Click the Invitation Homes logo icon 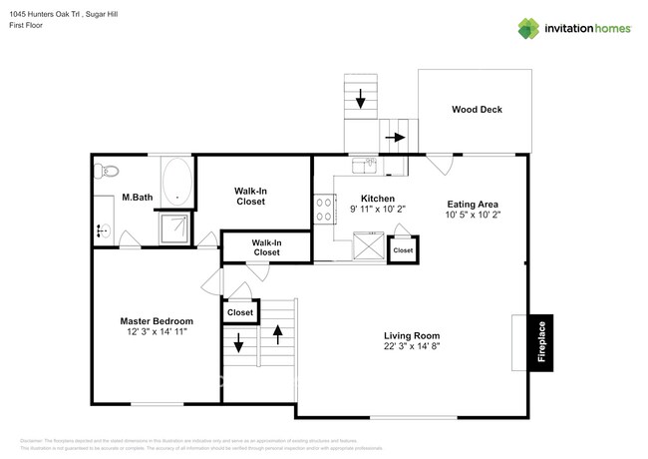pos(527,28)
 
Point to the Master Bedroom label pos(157,321)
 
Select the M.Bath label pos(137,198)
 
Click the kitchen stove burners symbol pos(324,208)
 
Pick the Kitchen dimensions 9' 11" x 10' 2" pos(377,210)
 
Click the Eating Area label pos(473,204)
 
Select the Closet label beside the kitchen pos(403,250)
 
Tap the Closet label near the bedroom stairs pos(240,312)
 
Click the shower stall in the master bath pos(176,228)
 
